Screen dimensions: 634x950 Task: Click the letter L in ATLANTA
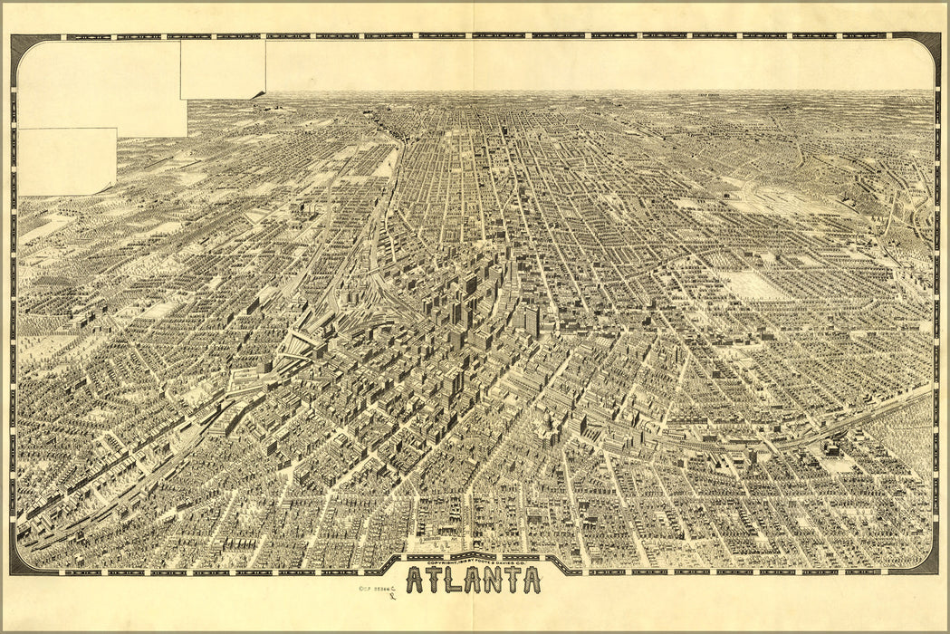[446, 580]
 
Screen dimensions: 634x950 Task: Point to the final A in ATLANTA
[531, 580]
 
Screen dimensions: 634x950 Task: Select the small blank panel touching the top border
[223, 69]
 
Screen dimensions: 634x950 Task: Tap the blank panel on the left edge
[66, 161]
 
